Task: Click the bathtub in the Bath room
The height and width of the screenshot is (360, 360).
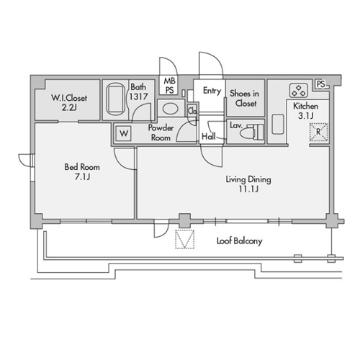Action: tap(115, 99)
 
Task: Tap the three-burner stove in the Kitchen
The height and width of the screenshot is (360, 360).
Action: tap(299, 90)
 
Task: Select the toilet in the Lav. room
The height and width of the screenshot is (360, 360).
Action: tap(252, 132)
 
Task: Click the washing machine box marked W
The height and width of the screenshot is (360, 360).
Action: tap(124, 133)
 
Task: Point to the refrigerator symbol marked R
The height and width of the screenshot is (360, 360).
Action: tap(318, 132)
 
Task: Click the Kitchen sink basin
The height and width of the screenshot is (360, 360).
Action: tap(278, 124)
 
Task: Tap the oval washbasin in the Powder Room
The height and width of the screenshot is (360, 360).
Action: tap(171, 109)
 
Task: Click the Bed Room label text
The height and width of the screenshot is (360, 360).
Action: tap(82, 167)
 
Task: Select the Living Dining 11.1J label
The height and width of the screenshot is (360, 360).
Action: tap(248, 184)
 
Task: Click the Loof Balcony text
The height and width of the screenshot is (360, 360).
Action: tap(240, 241)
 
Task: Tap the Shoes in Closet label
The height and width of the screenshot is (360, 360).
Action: tap(245, 98)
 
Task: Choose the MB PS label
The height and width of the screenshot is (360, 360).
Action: tap(170, 86)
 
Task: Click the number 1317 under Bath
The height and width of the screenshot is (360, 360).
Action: tap(138, 96)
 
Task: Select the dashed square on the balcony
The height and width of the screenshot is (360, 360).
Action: tap(184, 239)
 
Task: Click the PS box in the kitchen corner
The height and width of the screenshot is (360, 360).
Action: tap(321, 84)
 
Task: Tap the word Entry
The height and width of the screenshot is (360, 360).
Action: tap(212, 91)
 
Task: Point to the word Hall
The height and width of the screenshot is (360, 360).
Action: tap(209, 136)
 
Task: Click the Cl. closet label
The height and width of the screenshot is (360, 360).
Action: tap(192, 111)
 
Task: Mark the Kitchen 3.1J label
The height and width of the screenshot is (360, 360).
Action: tap(305, 111)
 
